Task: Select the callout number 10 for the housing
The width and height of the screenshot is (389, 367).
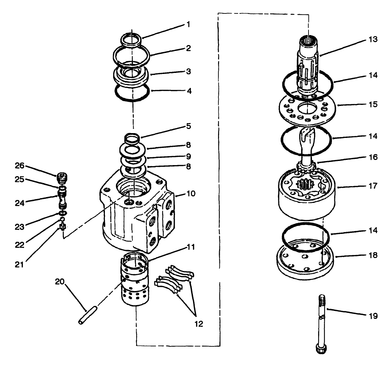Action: tap(191, 194)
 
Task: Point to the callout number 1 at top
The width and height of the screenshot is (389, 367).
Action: tap(188, 24)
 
